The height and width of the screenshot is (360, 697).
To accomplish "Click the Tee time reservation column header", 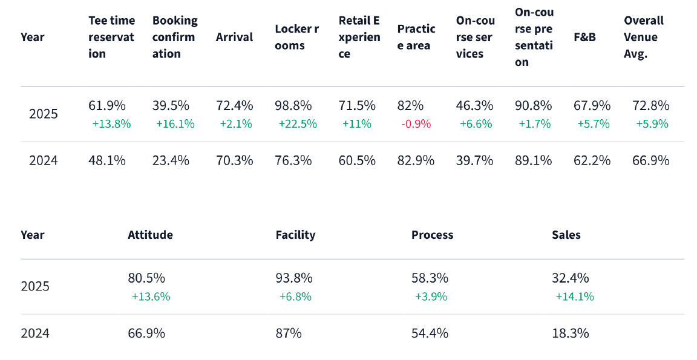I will pyautogui.click(x=112, y=37).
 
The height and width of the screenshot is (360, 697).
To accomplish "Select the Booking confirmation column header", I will pyautogui.click(x=175, y=37).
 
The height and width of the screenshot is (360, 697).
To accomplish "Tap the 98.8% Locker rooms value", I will pyautogui.click(x=293, y=105).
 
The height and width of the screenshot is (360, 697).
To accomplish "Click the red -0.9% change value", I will pyautogui.click(x=416, y=124).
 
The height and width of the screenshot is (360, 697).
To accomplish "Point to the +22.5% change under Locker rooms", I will pyautogui.click(x=297, y=124).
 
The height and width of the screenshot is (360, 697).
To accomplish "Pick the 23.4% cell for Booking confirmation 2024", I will pyautogui.click(x=171, y=160).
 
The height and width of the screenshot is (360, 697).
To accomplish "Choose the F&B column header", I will pyautogui.click(x=584, y=37).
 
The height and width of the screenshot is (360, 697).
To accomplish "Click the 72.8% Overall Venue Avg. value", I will pyautogui.click(x=650, y=105).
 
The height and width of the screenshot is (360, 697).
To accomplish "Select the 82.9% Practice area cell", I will pyautogui.click(x=416, y=160).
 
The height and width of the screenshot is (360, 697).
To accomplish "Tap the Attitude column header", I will pyautogui.click(x=150, y=235).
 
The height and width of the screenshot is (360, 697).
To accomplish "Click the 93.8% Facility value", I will pyautogui.click(x=294, y=278).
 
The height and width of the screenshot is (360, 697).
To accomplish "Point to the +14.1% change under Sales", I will pyautogui.click(x=574, y=296).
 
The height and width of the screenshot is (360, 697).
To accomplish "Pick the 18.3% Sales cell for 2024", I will pyautogui.click(x=570, y=333).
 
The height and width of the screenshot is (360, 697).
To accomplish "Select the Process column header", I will pyautogui.click(x=432, y=235).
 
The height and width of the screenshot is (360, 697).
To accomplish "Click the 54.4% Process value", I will pyautogui.click(x=430, y=333).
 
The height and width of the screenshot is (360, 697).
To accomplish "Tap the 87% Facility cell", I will pyautogui.click(x=289, y=333).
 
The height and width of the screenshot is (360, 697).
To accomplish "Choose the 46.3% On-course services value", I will pyautogui.click(x=474, y=105).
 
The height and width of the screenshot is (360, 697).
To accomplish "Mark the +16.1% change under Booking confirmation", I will pyautogui.click(x=175, y=124).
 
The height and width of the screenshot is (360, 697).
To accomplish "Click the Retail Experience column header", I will pyautogui.click(x=359, y=37).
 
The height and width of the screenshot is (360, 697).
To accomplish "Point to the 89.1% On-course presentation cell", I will pyautogui.click(x=533, y=160).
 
